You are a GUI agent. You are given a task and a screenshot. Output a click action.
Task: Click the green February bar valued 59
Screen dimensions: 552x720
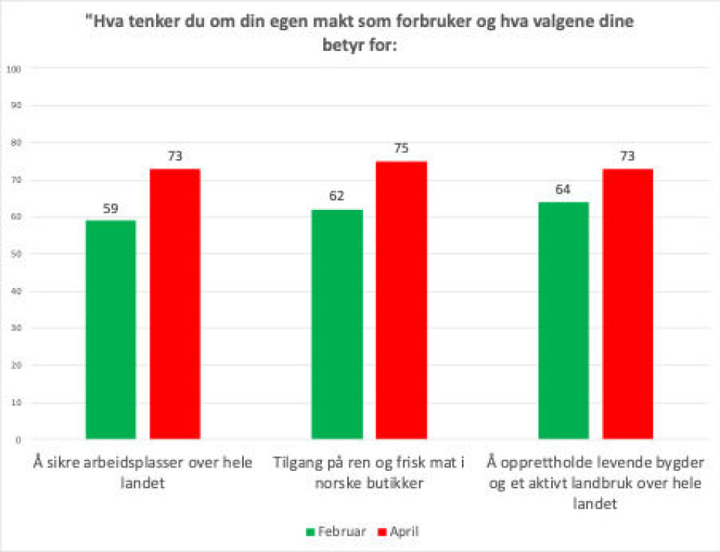point(111,329)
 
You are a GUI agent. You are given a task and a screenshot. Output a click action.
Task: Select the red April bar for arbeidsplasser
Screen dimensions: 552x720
point(175,304)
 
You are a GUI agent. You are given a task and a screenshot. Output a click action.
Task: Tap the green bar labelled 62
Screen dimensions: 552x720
point(337,324)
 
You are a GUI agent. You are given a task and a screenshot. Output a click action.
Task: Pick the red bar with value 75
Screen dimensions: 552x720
point(401,300)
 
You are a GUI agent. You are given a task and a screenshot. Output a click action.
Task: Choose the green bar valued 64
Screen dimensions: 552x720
point(563,320)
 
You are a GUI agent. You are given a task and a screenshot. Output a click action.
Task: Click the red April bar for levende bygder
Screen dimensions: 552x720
point(628,304)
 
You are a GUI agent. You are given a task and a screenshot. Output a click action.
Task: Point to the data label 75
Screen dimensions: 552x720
point(401,148)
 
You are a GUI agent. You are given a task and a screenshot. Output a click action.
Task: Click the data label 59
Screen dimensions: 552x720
point(111,208)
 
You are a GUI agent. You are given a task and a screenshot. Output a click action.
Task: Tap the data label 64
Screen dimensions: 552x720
point(563,190)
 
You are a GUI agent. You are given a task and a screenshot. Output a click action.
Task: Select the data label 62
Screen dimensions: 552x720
point(337,197)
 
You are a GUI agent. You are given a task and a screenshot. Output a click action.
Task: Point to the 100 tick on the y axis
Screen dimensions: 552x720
point(13,69)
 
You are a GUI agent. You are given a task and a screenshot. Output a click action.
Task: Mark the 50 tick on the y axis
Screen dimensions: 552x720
point(14,254)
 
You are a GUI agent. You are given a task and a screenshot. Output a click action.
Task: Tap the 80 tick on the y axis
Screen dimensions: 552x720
point(14,142)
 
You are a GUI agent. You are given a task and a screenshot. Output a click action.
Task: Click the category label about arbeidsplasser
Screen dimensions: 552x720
point(143,472)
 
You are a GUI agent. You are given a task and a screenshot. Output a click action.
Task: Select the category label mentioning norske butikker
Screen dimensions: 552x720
point(369,472)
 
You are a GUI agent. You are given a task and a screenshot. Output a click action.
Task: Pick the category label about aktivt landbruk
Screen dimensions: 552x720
point(595,483)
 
